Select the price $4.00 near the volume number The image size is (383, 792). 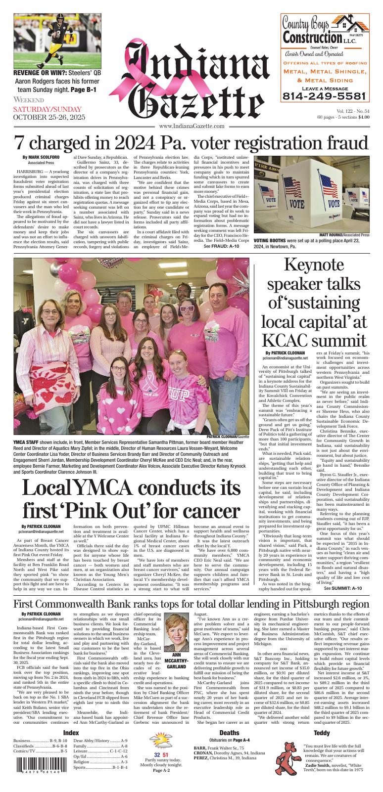364,118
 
